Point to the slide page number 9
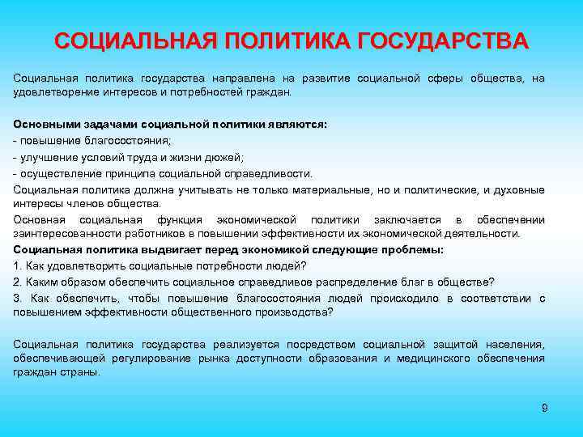pyautogui.click(x=544, y=408)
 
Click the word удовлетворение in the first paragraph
pyautogui.click(x=52, y=93)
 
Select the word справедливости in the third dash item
pyautogui.click(x=268, y=173)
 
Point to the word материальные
pyautogui.click(x=332, y=189)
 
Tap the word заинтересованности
pyautogui.click(x=61, y=234)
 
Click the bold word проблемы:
pyautogui.click(x=414, y=250)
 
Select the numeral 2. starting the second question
pyautogui.click(x=18, y=282)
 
